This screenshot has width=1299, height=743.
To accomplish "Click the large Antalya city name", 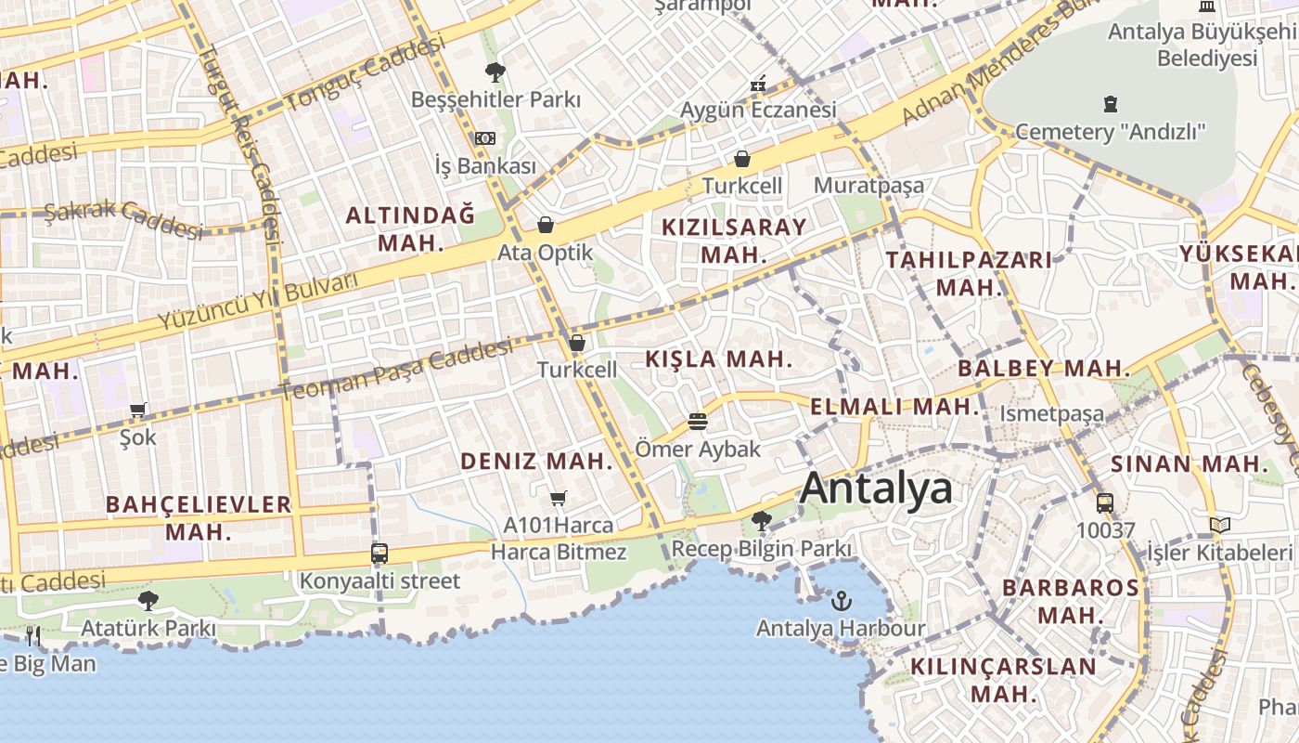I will [876, 488].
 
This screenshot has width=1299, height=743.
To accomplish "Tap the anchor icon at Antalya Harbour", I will [841, 601].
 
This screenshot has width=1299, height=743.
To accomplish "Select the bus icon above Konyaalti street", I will [379, 554].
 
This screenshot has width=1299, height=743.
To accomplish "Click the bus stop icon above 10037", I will [1105, 503].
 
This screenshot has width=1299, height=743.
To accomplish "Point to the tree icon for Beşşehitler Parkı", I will [495, 72].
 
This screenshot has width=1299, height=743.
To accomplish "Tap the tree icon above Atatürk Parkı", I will [148, 601].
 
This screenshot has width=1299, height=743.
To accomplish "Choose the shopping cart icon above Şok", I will [138, 410].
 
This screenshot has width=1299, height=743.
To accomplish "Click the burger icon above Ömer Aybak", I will [698, 422].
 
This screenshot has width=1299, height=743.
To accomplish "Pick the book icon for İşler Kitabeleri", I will [1220, 526].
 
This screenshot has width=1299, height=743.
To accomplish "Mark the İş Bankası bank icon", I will [485, 138].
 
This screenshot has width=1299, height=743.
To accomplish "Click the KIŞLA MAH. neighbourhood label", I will [719, 359].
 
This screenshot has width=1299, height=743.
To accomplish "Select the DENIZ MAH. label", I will [537, 461].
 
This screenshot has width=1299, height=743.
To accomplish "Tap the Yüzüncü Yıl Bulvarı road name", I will [258, 303].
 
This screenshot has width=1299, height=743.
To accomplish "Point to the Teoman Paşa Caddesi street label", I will [397, 370].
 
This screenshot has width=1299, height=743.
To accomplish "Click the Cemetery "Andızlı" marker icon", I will [1111, 104].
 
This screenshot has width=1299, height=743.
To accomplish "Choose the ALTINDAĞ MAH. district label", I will [410, 229].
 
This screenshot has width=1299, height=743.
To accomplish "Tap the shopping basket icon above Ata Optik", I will [546, 225].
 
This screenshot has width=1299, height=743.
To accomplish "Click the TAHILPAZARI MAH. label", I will [970, 273].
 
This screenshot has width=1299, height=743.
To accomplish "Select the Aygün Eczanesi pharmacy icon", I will [758, 84].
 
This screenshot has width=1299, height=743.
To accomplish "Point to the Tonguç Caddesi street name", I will [366, 73].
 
